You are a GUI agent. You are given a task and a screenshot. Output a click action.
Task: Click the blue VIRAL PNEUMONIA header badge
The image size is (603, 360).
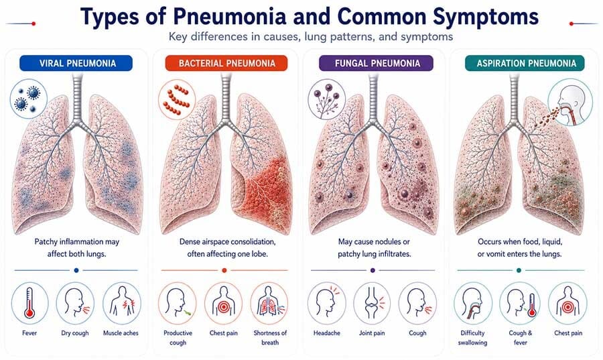click(76, 63)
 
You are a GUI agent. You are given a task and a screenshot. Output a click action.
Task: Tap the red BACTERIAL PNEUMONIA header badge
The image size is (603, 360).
click(226, 63)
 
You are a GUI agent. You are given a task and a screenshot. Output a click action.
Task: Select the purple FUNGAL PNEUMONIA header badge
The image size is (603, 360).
click(377, 63)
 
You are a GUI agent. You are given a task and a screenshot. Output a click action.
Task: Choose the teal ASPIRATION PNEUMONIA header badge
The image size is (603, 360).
click(525, 63)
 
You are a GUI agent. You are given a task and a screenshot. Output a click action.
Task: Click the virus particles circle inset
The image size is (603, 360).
click(28, 99)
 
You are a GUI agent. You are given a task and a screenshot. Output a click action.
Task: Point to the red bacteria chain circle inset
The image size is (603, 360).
click(177, 99)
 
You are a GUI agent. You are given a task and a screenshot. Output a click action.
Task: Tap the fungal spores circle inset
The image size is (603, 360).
click(326, 99)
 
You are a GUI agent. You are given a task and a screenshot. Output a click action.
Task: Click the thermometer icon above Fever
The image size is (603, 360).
click(29, 303)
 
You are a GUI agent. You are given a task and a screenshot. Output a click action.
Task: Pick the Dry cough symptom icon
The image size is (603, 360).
click(75, 303)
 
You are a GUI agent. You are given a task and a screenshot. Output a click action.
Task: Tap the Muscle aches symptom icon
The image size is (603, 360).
click(122, 303)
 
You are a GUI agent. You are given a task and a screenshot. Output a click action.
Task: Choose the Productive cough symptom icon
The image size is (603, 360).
click(178, 303)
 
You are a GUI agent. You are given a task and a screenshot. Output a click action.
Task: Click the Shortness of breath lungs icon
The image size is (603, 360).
click(269, 303)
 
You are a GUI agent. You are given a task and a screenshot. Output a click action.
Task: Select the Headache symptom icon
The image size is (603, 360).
click(326, 303)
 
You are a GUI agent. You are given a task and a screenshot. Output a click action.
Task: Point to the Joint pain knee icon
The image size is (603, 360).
click(372, 303)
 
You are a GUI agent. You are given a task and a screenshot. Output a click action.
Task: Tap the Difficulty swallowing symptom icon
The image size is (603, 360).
click(472, 303)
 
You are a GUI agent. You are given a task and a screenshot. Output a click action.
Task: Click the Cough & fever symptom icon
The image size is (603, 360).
click(521, 303)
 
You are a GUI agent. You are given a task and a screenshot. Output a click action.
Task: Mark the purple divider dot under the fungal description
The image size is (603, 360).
click(373, 270)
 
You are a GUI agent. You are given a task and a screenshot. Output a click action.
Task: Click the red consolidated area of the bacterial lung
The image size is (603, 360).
click(267, 192)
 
